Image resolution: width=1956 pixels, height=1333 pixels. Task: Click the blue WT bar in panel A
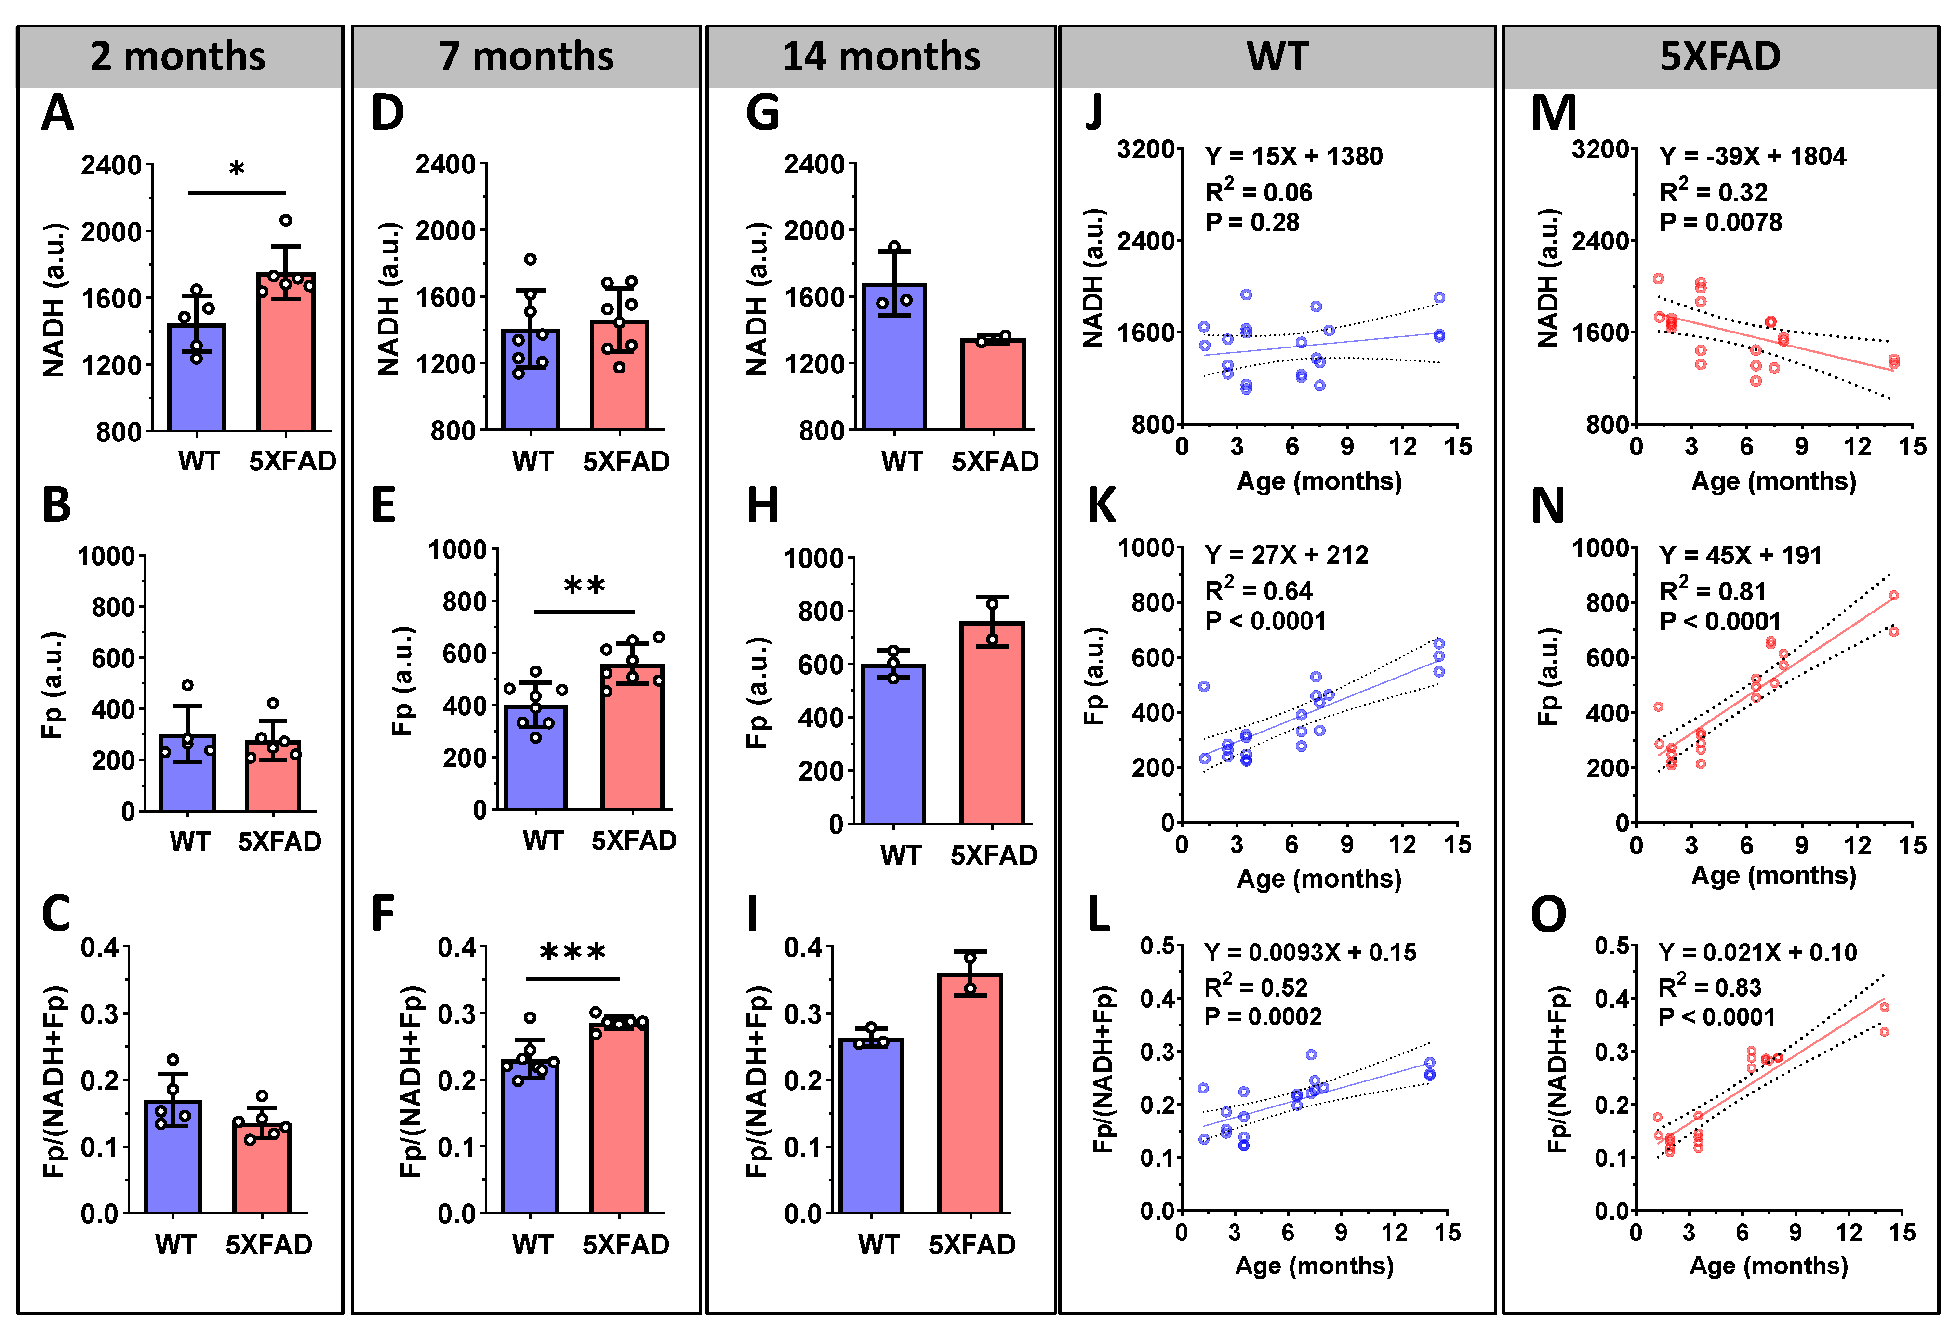(x=196, y=379)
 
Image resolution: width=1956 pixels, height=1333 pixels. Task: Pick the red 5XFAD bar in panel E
(x=632, y=736)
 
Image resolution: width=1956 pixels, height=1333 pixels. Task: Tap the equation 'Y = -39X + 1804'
(x=1752, y=157)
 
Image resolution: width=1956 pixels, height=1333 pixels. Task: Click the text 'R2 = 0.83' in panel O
(x=1709, y=986)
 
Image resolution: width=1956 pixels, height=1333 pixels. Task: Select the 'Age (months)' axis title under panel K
(x=1319, y=879)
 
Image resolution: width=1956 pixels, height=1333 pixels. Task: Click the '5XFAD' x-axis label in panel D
(x=626, y=461)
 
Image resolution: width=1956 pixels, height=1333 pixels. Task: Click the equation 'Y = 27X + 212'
(x=1286, y=555)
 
